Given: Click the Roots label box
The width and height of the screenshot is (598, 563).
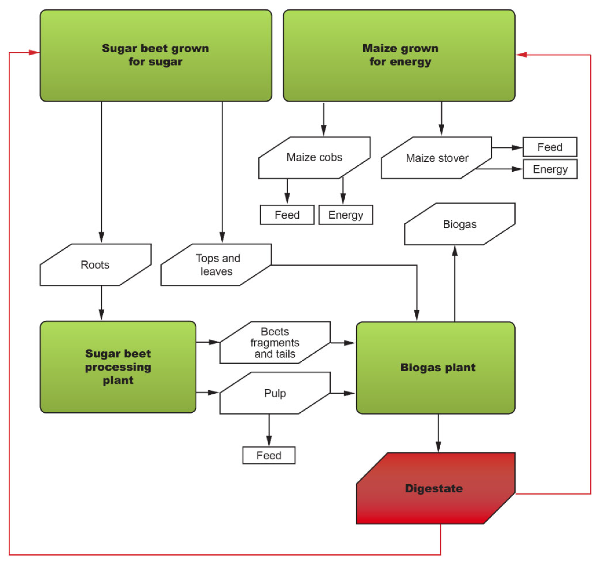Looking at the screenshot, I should [x=95, y=265].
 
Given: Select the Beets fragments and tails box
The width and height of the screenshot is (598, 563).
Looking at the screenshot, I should [x=275, y=343].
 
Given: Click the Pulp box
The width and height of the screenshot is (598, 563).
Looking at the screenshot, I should [x=275, y=393].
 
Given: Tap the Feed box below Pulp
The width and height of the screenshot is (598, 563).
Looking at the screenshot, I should [x=269, y=455].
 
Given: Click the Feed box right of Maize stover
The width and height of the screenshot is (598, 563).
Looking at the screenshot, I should [x=549, y=147].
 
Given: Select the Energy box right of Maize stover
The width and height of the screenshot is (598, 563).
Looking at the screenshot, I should [x=550, y=169].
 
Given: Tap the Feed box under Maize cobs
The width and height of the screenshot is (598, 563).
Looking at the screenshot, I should [x=287, y=215].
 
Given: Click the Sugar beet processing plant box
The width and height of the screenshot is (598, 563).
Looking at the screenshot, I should [x=118, y=367].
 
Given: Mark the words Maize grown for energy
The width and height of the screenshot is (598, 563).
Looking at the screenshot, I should [x=400, y=55].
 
